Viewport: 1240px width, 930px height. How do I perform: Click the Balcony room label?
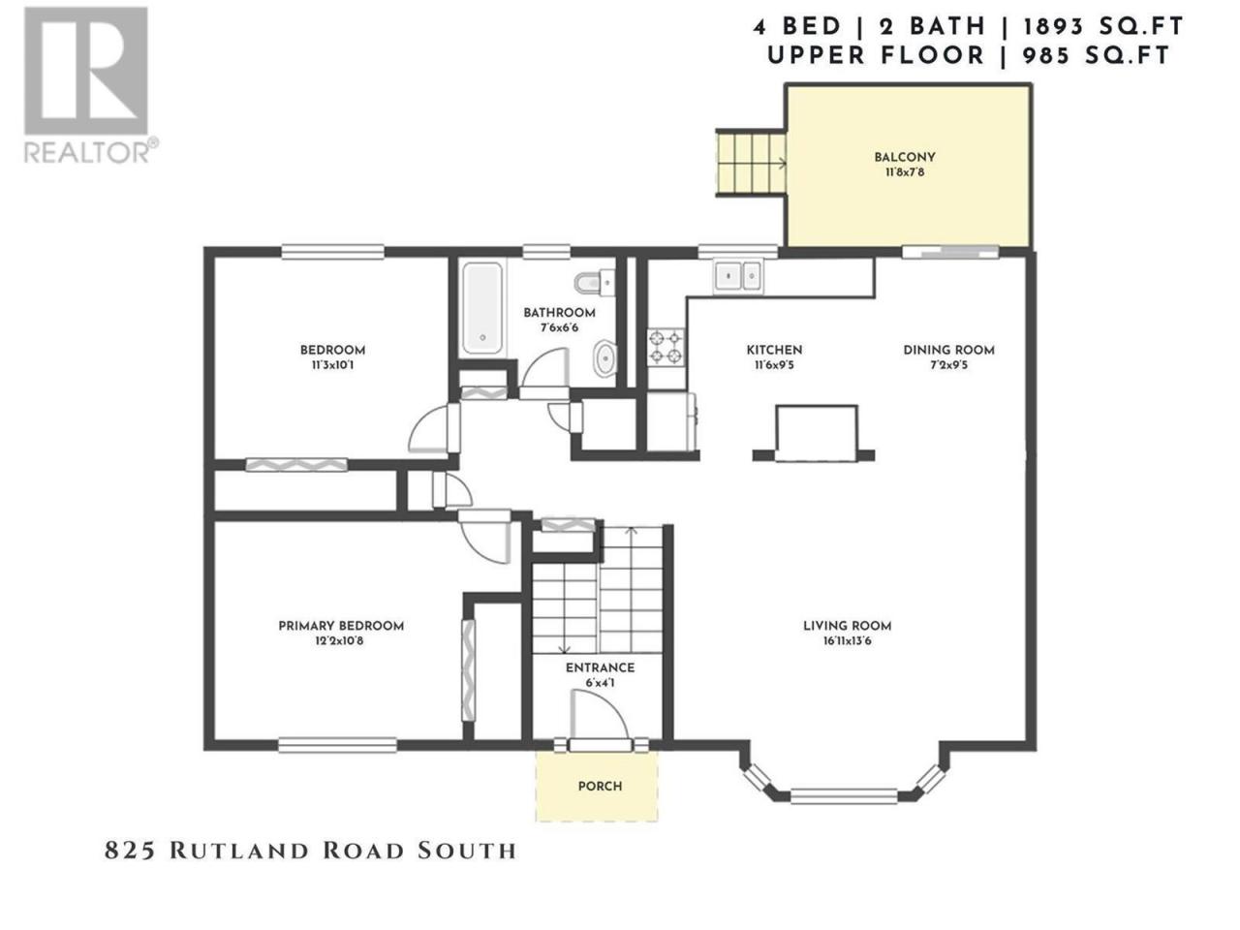(905, 157)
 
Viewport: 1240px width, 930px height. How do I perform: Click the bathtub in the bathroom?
(481, 308)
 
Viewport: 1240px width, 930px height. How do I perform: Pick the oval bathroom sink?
(605, 357)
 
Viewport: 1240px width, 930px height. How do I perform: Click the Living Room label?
(847, 626)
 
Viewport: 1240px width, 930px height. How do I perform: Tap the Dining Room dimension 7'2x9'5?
(948, 365)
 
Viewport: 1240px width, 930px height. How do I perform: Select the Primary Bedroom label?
(341, 626)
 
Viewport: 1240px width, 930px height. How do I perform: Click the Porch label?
(600, 786)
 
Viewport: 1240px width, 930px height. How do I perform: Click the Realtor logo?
(89, 84)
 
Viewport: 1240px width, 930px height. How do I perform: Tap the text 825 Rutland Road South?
(310, 851)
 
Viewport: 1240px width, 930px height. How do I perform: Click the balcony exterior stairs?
(751, 163)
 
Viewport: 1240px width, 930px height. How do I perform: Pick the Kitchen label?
(774, 350)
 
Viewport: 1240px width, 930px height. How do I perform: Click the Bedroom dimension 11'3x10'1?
(332, 365)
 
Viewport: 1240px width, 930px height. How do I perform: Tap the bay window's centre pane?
(844, 795)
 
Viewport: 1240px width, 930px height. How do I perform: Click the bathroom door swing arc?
(544, 367)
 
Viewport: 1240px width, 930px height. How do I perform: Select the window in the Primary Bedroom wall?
(337, 745)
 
